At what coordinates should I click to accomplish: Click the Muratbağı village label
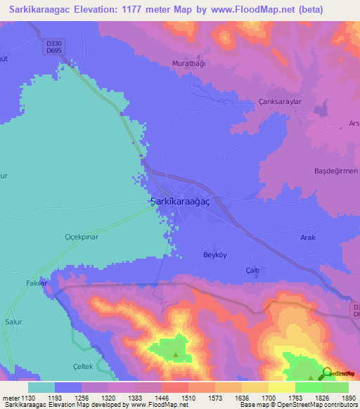coord(188,63)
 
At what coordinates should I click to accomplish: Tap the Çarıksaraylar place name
coord(279,100)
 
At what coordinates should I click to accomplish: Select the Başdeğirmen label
coord(335,171)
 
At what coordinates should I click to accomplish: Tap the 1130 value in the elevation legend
coord(28,398)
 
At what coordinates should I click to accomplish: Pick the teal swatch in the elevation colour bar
coord(41,387)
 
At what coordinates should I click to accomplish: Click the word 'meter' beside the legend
coord(10,398)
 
